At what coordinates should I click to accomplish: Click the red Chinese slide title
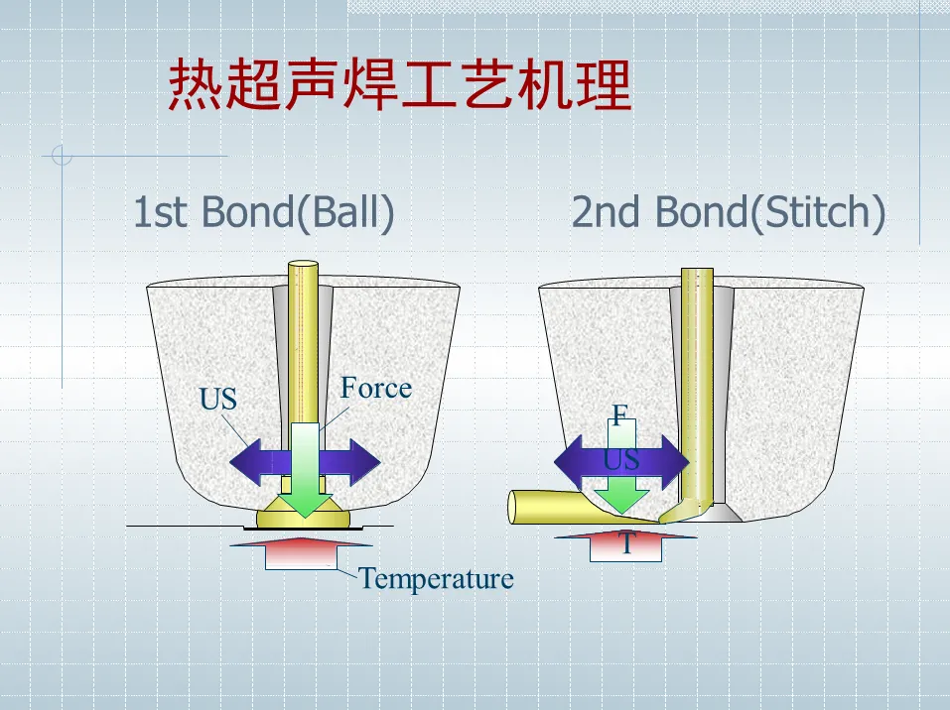399,85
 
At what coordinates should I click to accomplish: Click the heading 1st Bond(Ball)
263,212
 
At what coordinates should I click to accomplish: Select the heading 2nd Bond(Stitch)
728,212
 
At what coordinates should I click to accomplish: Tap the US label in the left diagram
218,400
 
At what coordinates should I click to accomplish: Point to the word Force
375,388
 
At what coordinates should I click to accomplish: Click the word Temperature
436,578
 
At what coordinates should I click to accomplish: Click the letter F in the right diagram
619,415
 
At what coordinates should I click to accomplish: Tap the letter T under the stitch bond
626,544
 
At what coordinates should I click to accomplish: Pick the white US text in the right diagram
621,459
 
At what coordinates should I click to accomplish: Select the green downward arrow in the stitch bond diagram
620,493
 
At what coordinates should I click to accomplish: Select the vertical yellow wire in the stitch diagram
697,377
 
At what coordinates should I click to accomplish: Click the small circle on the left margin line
62,156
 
